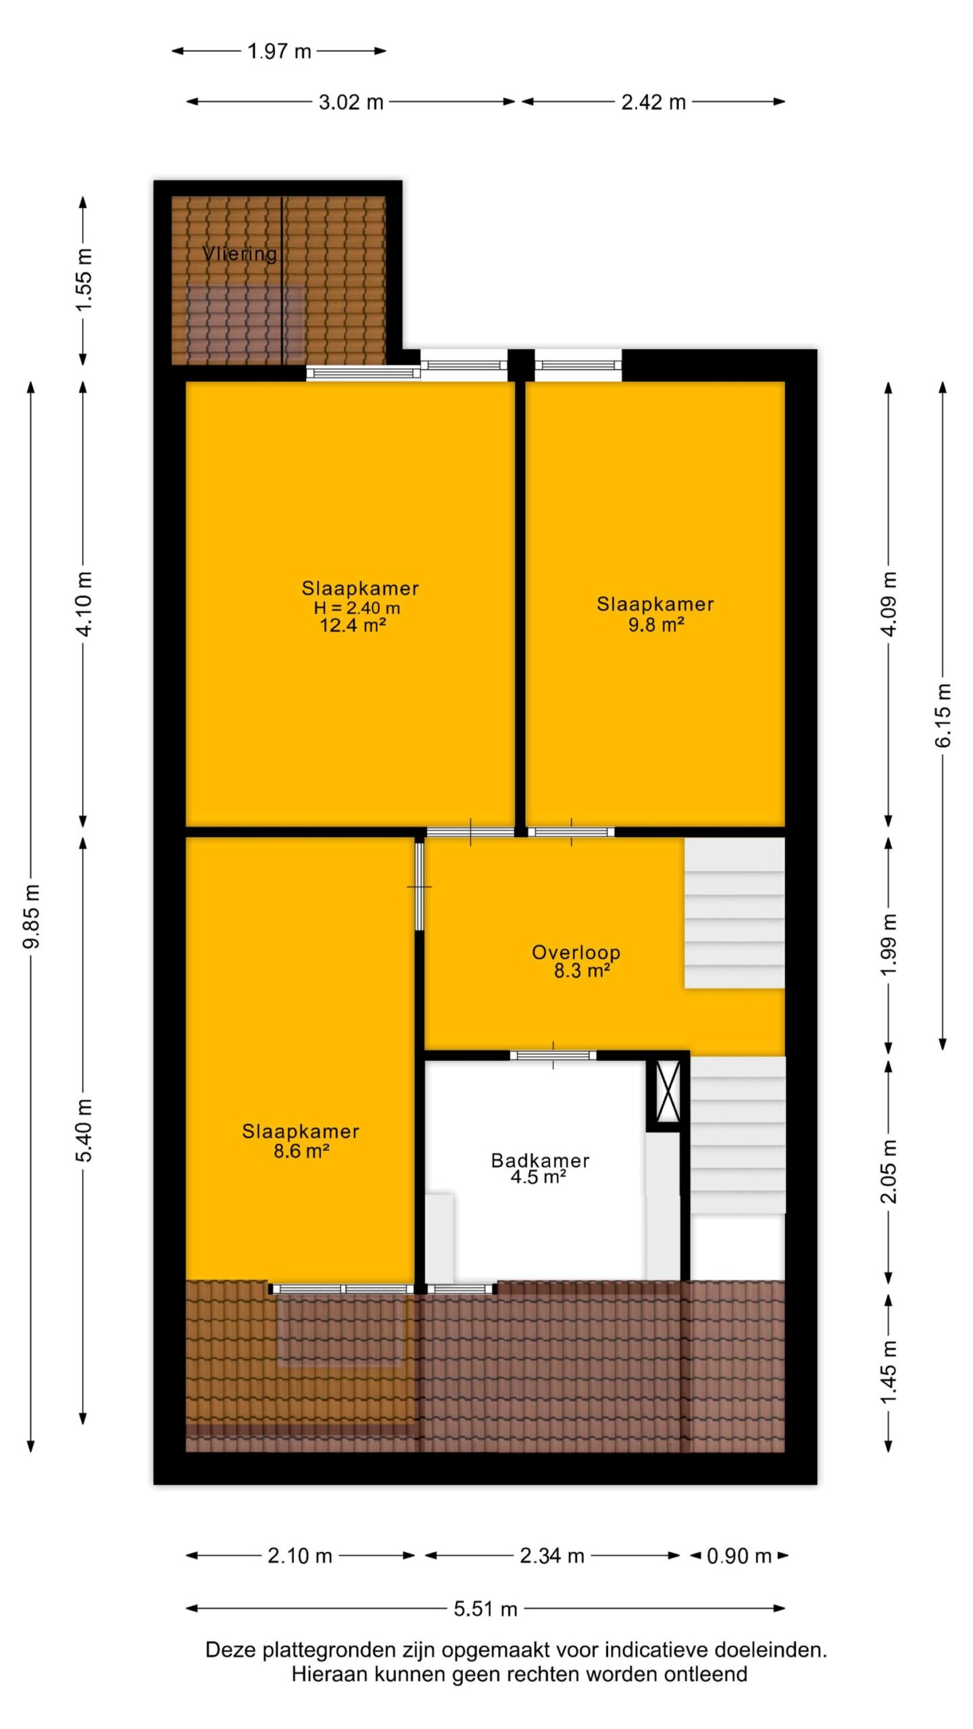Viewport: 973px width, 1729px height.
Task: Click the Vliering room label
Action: tap(240, 254)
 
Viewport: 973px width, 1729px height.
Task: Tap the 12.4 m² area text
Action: tap(353, 625)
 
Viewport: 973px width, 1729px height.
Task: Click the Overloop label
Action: tap(576, 952)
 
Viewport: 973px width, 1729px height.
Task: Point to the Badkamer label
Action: tap(540, 1160)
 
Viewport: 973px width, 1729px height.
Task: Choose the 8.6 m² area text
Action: tap(301, 1150)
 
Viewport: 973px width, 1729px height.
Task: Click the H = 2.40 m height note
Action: tap(357, 608)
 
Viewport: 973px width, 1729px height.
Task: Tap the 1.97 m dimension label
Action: tap(279, 51)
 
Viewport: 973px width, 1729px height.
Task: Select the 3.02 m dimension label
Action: tap(351, 103)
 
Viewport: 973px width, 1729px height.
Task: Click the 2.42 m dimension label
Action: tap(653, 103)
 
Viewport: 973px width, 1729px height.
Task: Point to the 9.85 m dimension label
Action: tap(32, 915)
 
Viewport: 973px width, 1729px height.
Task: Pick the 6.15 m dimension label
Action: tap(943, 715)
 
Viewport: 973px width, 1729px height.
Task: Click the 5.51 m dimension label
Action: tap(485, 1609)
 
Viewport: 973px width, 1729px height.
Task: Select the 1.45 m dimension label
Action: tap(889, 1371)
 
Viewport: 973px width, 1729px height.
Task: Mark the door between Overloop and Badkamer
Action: tap(553, 1055)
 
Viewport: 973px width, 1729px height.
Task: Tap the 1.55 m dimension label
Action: tap(84, 280)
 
